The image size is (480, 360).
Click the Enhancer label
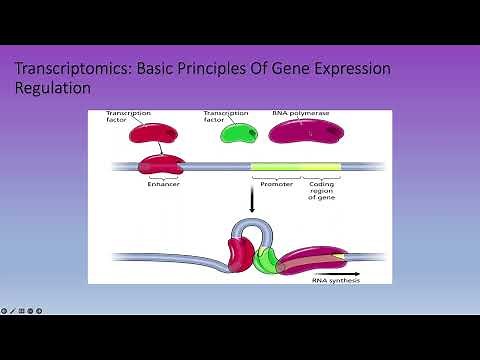pos(163,184)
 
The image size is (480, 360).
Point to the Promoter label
pos(276,184)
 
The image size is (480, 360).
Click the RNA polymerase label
pos(301,114)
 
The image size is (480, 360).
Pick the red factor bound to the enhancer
pos(164,164)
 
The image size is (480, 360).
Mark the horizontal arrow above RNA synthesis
pos(340,272)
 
